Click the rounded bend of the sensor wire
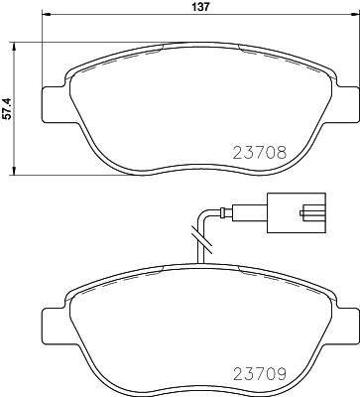point(205,213)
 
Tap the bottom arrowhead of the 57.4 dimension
point(15,170)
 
